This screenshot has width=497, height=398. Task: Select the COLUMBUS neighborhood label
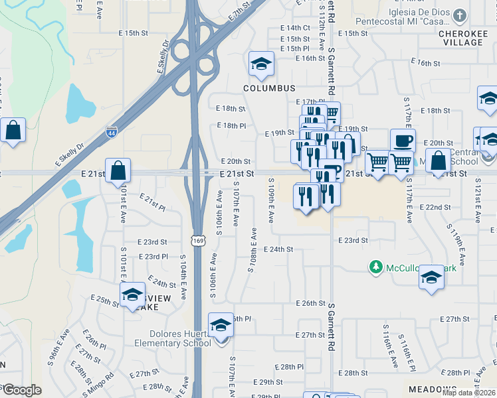pos(268,88)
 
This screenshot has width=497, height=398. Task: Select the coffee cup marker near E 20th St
pos(403,141)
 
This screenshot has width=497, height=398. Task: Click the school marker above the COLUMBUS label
pos(261,64)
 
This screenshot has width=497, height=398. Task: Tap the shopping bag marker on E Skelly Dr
pos(13,130)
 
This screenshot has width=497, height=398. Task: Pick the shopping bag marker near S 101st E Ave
pos(118,171)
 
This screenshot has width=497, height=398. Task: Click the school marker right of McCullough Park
pos(431,277)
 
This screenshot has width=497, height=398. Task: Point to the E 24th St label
pos(278,249)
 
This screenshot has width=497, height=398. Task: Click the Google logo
pos(21,391)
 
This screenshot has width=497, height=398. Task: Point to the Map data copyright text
pos(468,393)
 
